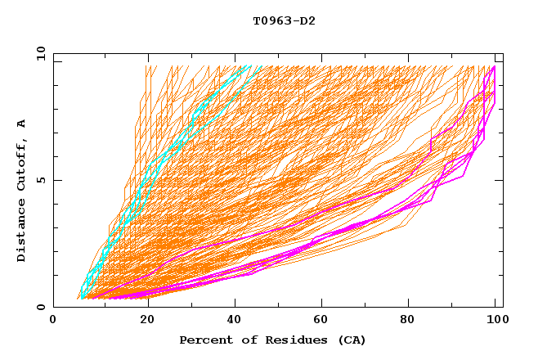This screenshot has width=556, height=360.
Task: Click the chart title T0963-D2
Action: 284,20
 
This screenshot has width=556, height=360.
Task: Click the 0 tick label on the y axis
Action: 41,307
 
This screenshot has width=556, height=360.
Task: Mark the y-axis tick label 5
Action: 41,180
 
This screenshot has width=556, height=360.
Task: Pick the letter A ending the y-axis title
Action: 22,123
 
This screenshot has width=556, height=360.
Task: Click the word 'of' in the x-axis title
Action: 243,340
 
